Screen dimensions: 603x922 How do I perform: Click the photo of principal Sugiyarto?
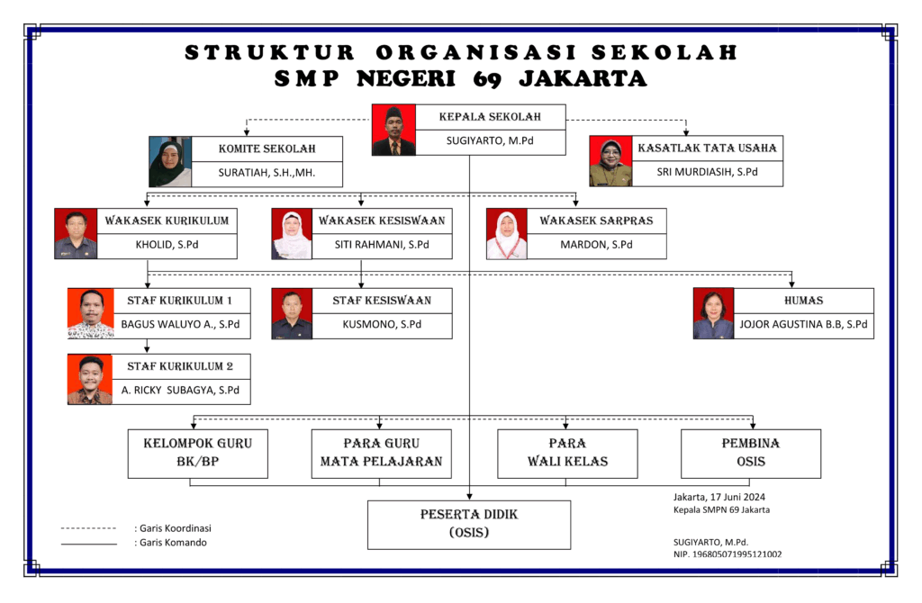pos(393,130)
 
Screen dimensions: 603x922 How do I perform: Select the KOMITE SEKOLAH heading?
pos(267,148)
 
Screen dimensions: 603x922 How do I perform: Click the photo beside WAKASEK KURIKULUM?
pos(76,234)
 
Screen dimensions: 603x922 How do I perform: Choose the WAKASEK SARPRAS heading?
pos(596,220)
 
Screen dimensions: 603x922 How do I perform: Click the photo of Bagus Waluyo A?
pos(91,313)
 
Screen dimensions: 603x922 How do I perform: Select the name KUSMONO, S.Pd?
pos(382,324)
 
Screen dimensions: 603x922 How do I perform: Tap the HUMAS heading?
pos(804,300)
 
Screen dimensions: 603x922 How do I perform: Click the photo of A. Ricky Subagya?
pos(90,379)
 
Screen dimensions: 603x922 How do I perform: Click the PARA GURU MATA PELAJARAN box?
pos(381,453)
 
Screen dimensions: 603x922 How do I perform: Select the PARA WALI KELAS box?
pos(567,453)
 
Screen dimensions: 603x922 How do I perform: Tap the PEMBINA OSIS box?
pos(751,453)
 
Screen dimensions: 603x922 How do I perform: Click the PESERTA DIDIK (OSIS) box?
pos(469,524)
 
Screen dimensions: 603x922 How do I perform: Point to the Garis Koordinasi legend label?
pos(172,528)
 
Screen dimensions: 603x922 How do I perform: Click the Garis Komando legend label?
pos(170,543)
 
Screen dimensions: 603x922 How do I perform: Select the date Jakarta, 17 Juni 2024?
pos(719,497)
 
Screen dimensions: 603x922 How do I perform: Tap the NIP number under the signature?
pos(728,554)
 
